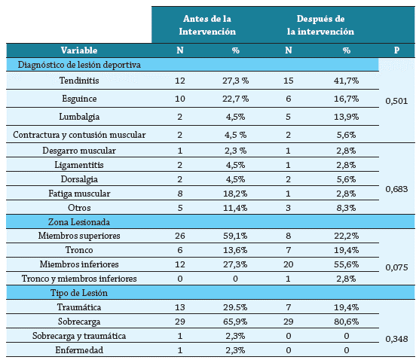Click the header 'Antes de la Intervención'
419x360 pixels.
[x=207, y=24]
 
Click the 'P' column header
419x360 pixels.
[x=396, y=50]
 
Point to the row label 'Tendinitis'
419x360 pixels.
[x=79, y=80]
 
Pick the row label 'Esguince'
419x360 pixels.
[x=79, y=98]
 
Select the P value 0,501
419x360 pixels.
[x=396, y=99]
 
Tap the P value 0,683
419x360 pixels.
[x=396, y=189]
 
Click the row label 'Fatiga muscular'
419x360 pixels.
[x=79, y=193]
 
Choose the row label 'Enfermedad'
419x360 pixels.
[x=79, y=350]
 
